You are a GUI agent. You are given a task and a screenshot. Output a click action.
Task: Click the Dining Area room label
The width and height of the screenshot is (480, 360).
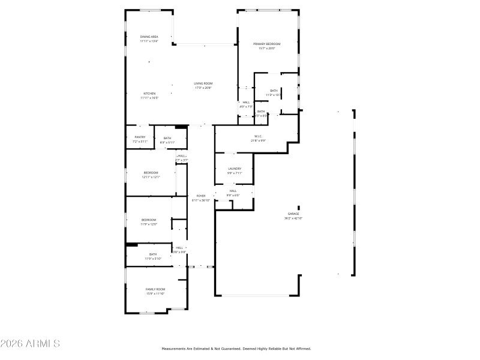coord(149,37)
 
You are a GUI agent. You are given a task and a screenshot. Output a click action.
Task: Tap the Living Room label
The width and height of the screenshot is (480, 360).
coord(203,83)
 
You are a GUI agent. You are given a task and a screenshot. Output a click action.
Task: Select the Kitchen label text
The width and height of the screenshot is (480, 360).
coord(149,94)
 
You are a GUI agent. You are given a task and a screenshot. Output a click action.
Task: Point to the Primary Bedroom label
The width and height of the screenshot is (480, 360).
coord(267,44)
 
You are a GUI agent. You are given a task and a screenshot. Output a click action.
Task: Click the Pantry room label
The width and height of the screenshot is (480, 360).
coord(140,137)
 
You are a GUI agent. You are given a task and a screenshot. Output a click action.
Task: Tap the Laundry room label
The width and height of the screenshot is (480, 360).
coord(234,169)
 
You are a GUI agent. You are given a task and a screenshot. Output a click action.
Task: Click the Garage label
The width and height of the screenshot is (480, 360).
coord(293,214)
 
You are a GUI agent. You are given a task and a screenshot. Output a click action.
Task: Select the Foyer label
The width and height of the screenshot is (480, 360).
coord(200,196)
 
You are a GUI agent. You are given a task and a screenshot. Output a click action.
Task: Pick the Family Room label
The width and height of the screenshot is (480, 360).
coord(155,289)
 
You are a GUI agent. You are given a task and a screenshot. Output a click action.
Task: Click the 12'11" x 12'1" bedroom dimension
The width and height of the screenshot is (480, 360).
coord(151,177)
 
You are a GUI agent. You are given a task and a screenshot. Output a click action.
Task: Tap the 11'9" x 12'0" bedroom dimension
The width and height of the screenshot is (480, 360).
coord(149,224)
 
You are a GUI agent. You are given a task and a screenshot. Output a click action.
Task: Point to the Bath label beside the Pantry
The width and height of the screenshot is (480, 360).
coord(167,139)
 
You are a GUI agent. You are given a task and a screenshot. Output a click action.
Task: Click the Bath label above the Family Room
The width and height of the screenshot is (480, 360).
coord(153,254)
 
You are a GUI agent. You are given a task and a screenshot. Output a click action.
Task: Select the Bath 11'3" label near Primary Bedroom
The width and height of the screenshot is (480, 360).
coord(274,91)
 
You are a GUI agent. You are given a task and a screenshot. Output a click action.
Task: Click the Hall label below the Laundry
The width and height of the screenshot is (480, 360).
coord(233,191)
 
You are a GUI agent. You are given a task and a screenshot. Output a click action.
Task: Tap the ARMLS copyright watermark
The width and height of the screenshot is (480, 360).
coord(30,344)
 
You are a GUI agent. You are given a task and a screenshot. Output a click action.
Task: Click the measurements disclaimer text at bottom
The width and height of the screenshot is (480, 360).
coord(236,348)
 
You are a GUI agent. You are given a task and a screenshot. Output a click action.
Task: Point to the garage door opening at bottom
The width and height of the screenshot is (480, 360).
coord(257,295)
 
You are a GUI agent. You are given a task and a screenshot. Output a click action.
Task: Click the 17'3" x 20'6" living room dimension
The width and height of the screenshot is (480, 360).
coord(203,88)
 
